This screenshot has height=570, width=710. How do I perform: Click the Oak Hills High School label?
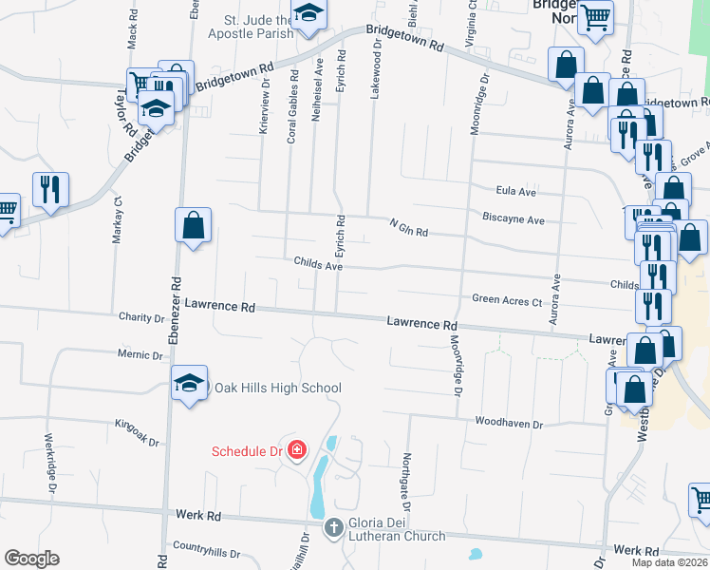[277, 388]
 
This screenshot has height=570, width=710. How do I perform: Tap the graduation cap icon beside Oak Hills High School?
[189, 384]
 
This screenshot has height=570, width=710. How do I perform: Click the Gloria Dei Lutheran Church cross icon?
[333, 527]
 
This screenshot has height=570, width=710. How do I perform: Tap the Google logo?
[31, 559]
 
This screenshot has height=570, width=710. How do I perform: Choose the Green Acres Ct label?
[507, 300]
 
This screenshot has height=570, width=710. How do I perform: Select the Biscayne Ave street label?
[513, 219]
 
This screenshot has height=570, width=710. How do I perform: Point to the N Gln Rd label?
[409, 228]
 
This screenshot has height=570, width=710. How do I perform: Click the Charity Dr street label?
[141, 317]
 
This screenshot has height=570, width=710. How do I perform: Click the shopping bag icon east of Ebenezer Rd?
[193, 226]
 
